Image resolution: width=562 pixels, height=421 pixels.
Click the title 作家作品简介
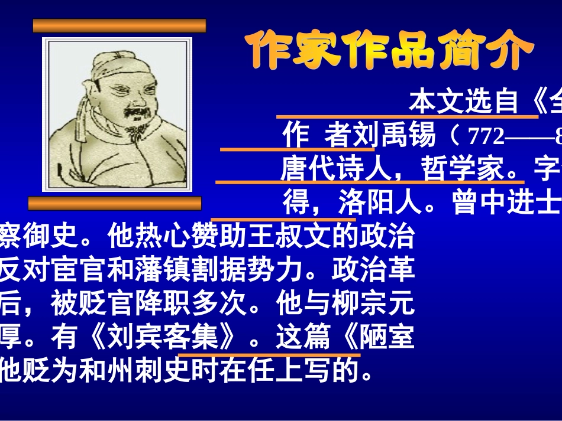coord(389,50)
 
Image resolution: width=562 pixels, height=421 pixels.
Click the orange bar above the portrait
coord(119,25)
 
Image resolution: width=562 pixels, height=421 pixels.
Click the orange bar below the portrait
coord(115,204)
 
